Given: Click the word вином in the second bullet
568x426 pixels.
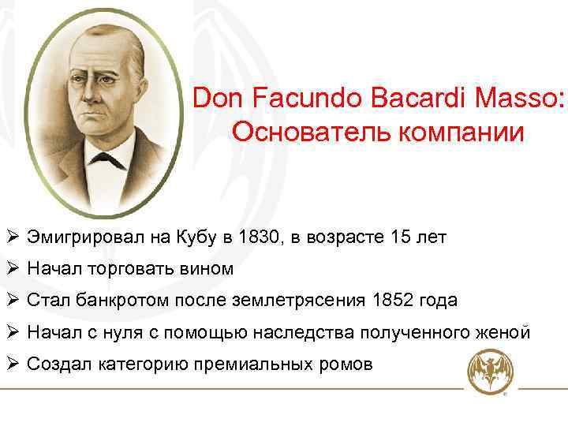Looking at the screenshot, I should click(x=209, y=268).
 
